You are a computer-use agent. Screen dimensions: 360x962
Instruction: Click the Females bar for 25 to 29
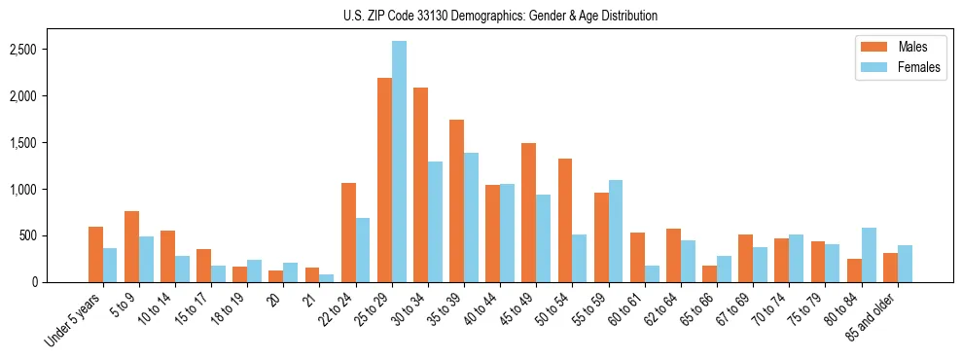399,162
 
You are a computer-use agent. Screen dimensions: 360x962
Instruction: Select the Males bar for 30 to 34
420,185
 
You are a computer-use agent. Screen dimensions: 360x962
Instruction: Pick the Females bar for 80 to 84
869,255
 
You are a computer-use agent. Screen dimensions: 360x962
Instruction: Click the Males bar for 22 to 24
348,233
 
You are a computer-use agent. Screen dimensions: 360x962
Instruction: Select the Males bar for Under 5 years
95,254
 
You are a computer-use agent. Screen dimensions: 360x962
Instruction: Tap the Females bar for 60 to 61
652,273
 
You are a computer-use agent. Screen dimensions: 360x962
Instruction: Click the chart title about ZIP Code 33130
500,16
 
